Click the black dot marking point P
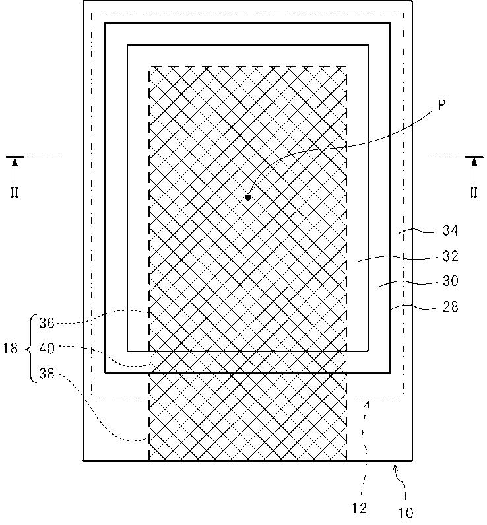click(x=248, y=197)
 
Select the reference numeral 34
click(x=450, y=230)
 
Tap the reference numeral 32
click(x=450, y=256)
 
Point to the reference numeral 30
click(x=450, y=281)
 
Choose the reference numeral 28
click(x=450, y=306)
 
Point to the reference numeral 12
click(x=360, y=508)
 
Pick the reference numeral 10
click(x=406, y=512)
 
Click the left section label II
click(x=14, y=193)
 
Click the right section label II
click(x=473, y=193)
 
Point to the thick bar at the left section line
click(x=15, y=157)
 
